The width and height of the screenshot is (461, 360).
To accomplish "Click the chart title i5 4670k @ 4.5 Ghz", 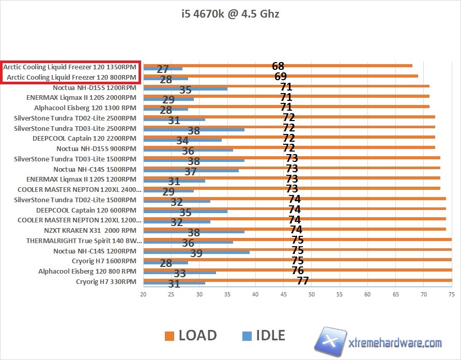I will click(230, 14).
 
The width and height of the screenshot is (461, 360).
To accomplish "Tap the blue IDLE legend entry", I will click(264, 335).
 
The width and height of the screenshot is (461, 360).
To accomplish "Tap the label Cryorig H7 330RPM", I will click(106, 282).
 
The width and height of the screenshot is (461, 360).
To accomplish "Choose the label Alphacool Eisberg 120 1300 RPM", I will click(85, 108).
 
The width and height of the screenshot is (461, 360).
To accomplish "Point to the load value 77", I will click(302, 281).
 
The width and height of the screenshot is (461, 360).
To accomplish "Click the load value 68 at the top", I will click(278, 66).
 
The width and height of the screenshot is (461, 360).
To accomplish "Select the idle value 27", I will click(163, 69).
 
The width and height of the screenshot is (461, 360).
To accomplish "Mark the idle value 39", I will click(196, 253).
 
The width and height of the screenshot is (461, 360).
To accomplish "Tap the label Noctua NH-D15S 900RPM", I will click(97, 148).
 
